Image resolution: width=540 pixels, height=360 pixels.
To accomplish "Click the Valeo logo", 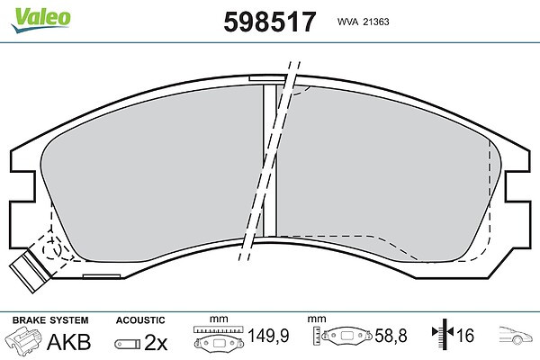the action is [41, 20].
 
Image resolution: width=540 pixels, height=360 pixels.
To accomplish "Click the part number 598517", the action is [270, 22].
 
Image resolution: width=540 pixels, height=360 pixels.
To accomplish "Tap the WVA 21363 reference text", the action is [363, 22].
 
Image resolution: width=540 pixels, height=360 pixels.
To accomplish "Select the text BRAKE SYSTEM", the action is [50, 320].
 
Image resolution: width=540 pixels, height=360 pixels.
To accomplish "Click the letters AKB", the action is [69, 342].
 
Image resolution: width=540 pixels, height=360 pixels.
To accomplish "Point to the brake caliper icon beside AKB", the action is [22, 339].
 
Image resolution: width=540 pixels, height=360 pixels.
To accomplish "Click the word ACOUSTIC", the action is [140, 320].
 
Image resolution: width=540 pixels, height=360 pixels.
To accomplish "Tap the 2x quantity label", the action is [156, 342].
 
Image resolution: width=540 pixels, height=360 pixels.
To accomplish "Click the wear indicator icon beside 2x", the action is [128, 344].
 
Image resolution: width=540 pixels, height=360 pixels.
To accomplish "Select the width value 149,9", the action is [268, 336].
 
